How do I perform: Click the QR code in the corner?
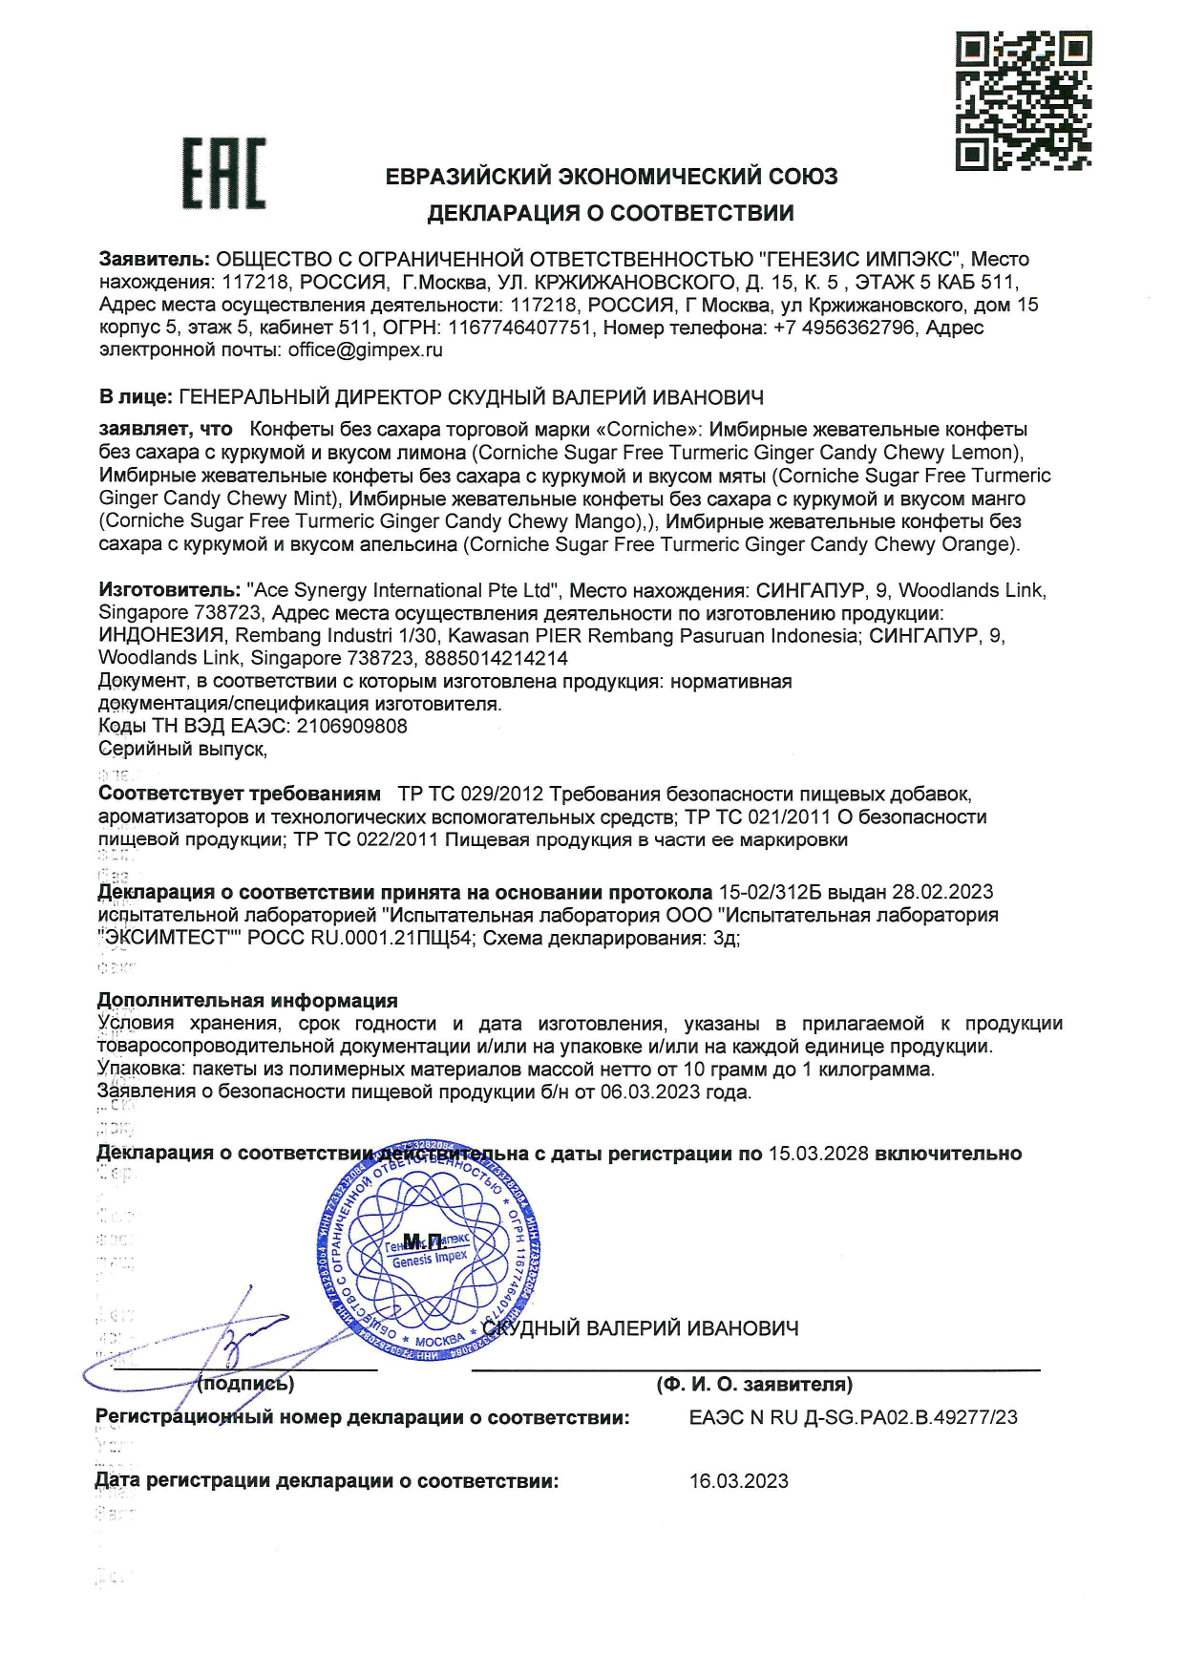click(1023, 101)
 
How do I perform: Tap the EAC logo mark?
click(224, 174)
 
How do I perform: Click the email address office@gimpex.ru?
click(366, 350)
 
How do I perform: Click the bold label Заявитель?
click(154, 259)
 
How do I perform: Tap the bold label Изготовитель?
click(169, 590)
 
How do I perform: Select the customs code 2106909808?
click(352, 726)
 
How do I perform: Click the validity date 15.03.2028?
click(818, 1154)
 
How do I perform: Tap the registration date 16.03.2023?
click(739, 1481)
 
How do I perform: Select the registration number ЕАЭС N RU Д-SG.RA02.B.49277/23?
click(854, 1417)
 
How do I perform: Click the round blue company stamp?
click(427, 1251)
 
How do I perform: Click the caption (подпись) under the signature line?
click(245, 1384)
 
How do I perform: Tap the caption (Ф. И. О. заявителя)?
click(754, 1384)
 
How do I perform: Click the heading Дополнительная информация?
click(247, 1001)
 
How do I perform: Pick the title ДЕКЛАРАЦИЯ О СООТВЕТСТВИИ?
click(610, 213)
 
